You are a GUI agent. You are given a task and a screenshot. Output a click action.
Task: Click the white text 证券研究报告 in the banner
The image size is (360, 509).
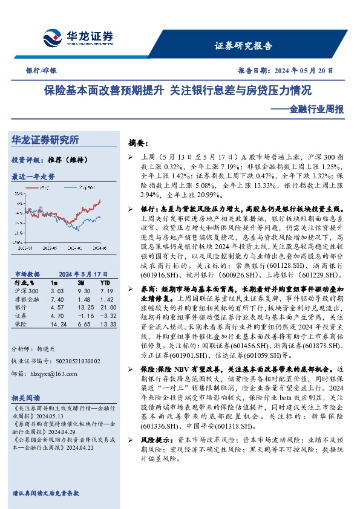244,45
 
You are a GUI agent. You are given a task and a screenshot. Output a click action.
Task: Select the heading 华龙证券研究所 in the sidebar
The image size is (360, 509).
45,140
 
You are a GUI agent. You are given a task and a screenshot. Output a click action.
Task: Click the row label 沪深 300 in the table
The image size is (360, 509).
23,291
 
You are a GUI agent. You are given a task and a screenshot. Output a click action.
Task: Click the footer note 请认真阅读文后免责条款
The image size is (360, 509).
45,493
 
